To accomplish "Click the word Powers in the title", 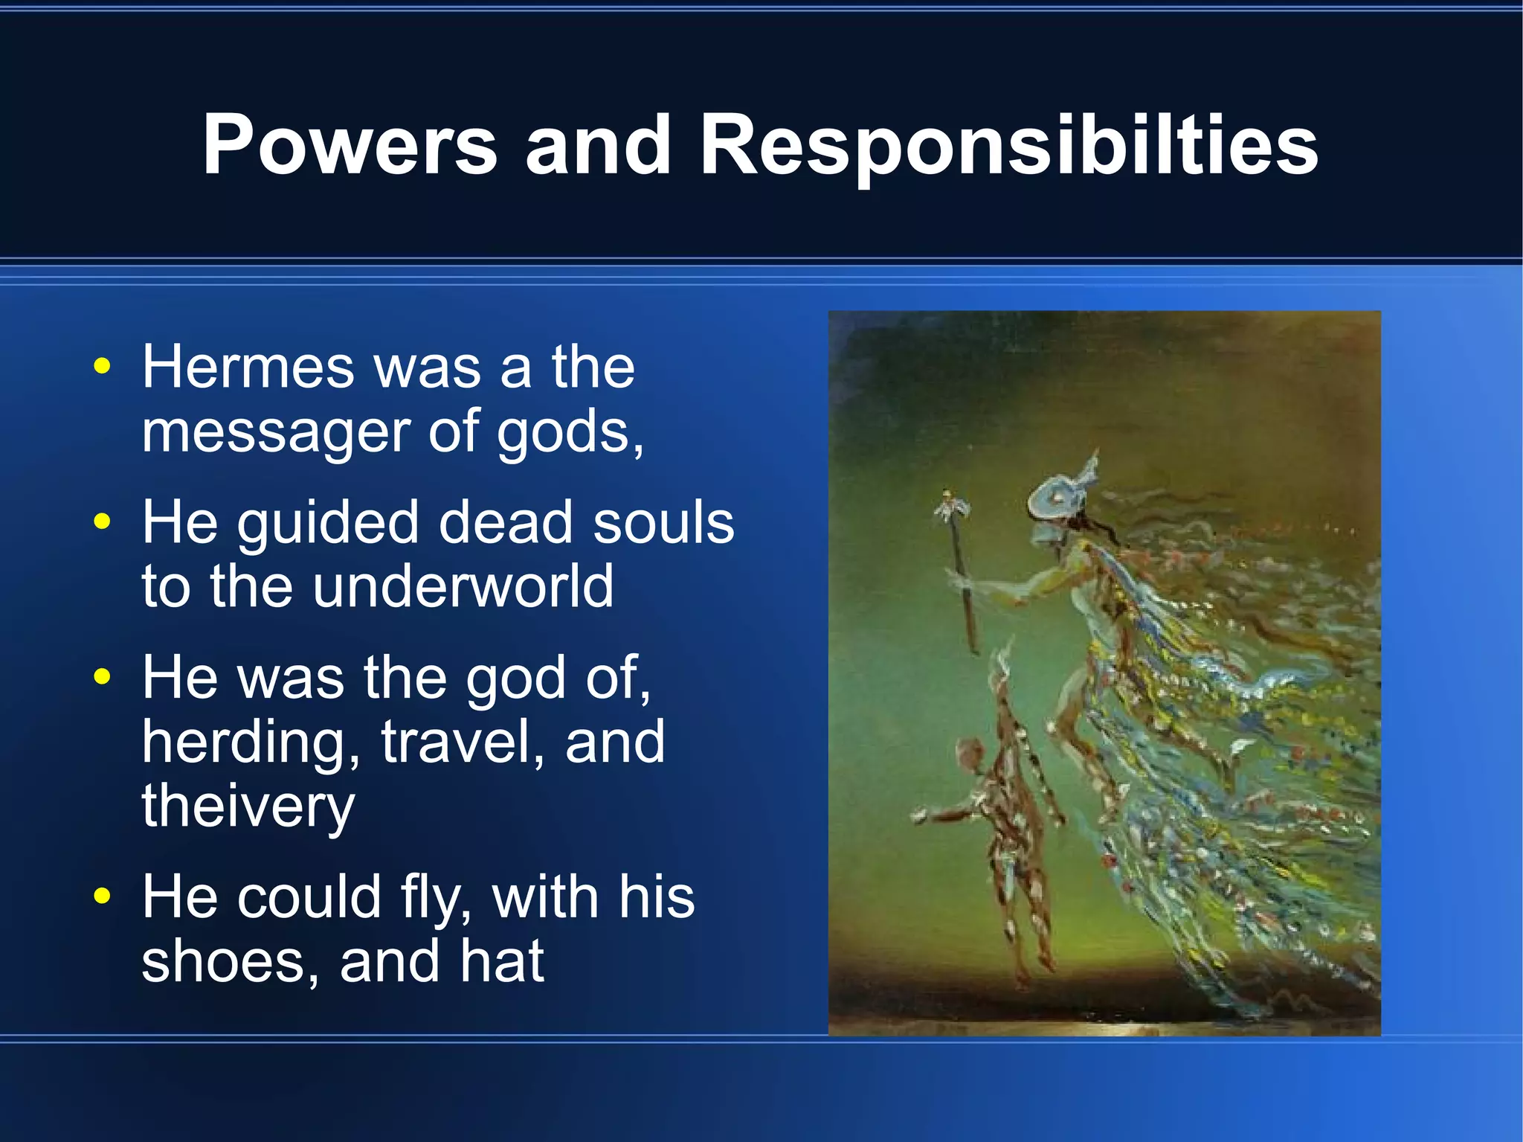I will [x=350, y=145].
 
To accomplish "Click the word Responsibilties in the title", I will [x=1008, y=147].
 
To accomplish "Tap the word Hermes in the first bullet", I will [x=248, y=367].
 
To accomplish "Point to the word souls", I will [x=663, y=522].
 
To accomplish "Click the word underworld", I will [x=463, y=587].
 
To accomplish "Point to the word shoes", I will [x=231, y=961].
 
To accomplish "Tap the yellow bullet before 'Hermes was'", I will [x=103, y=367].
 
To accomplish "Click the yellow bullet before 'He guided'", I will [x=103, y=522].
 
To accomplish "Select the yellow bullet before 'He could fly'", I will [x=103, y=896].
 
